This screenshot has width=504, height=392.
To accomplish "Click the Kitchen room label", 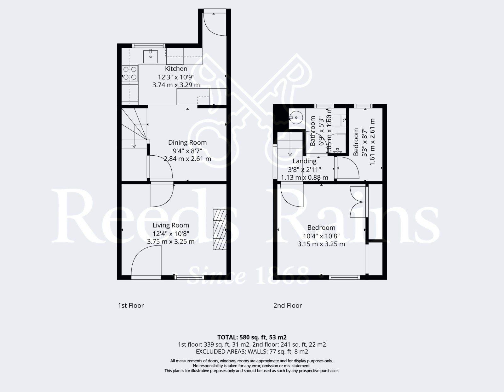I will point(176,69).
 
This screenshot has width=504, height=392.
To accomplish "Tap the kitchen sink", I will point(151,56).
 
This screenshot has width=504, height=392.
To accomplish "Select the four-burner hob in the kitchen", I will point(130,73).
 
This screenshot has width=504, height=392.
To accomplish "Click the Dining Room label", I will point(187,142).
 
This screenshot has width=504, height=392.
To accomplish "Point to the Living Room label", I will point(171,225).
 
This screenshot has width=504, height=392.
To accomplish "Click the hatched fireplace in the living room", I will point(220,229).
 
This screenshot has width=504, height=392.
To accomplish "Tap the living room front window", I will point(189,277).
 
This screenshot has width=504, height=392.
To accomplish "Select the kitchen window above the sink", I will point(148,46).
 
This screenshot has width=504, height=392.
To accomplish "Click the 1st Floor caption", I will point(131,305).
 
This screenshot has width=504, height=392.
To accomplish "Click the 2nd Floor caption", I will point(288,305).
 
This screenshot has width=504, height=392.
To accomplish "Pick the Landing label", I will point(305,161).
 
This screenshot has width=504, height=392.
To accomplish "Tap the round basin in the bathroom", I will point(296,118).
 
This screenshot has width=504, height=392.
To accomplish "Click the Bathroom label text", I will point(313,131).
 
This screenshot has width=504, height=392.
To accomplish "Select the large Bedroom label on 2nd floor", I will point(321,228).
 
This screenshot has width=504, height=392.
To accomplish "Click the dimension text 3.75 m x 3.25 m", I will point(171,242).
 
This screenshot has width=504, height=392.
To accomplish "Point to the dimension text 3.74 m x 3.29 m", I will point(176,85).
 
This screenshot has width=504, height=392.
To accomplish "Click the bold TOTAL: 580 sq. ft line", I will point(252,337).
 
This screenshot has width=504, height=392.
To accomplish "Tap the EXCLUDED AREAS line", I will point(252,351).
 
